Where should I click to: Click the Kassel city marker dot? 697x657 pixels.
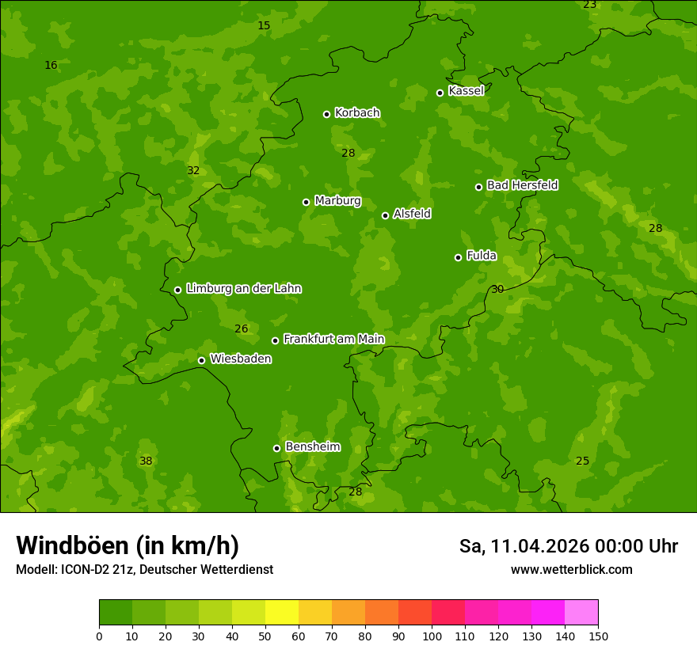[x=440, y=93]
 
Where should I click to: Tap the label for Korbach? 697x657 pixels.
[x=357, y=113]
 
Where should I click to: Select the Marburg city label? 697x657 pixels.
[x=337, y=201]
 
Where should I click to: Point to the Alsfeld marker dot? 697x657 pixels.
[x=386, y=215]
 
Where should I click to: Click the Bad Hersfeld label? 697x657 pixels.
[x=522, y=185]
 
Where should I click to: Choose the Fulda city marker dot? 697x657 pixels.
[x=459, y=257]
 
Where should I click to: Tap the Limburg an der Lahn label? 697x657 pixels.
[x=243, y=289]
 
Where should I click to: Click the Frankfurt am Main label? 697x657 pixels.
[x=333, y=340]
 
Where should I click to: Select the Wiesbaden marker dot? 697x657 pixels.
[x=202, y=360]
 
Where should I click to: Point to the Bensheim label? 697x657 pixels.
[x=312, y=447]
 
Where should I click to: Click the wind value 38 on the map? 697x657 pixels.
[x=146, y=461]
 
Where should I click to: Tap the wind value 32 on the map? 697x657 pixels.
[x=193, y=171]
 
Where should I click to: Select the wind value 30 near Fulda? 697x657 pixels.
[x=497, y=290]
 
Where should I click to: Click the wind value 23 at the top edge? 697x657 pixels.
[x=589, y=5]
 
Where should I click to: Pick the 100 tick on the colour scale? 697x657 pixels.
[x=432, y=636]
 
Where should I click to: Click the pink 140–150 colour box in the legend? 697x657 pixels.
[x=581, y=613]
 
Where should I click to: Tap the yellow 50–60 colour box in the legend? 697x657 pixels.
[x=282, y=613]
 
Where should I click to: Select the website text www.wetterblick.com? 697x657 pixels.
[x=571, y=570]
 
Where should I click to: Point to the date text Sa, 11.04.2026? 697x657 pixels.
[x=524, y=546]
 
